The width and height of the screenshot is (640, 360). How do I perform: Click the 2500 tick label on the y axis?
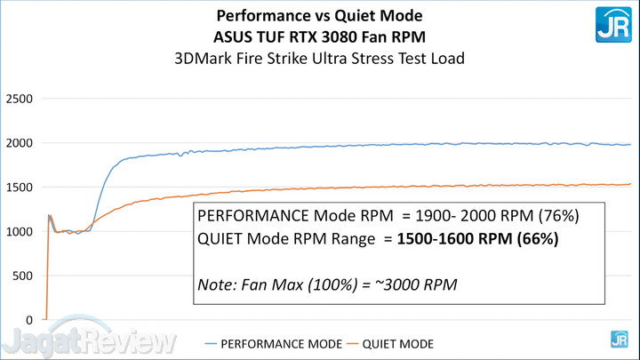point(19,99)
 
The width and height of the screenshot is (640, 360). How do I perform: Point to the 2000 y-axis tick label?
point(19,143)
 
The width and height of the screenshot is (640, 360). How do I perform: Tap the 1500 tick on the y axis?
point(19,188)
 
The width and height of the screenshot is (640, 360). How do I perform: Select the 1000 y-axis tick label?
point(19,232)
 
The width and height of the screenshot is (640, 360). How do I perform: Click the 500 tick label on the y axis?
point(22,276)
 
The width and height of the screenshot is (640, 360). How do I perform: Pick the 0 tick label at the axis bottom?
point(30,320)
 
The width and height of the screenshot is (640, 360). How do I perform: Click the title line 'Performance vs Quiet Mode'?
point(320,16)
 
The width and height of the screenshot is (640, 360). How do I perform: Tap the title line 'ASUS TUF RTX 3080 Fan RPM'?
point(320,37)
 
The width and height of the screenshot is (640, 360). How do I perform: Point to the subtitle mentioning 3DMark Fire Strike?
point(320,60)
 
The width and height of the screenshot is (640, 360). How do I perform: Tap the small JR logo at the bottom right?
point(619,339)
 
